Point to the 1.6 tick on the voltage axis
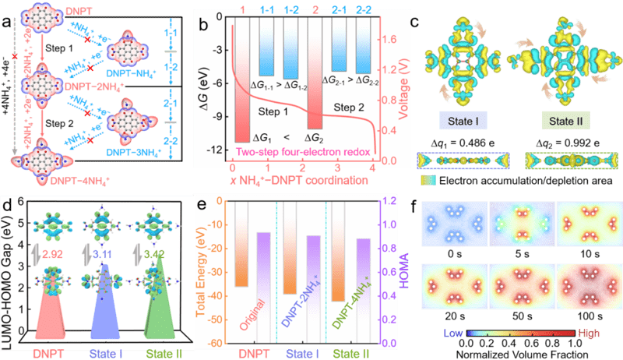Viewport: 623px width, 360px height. (389, 36)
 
